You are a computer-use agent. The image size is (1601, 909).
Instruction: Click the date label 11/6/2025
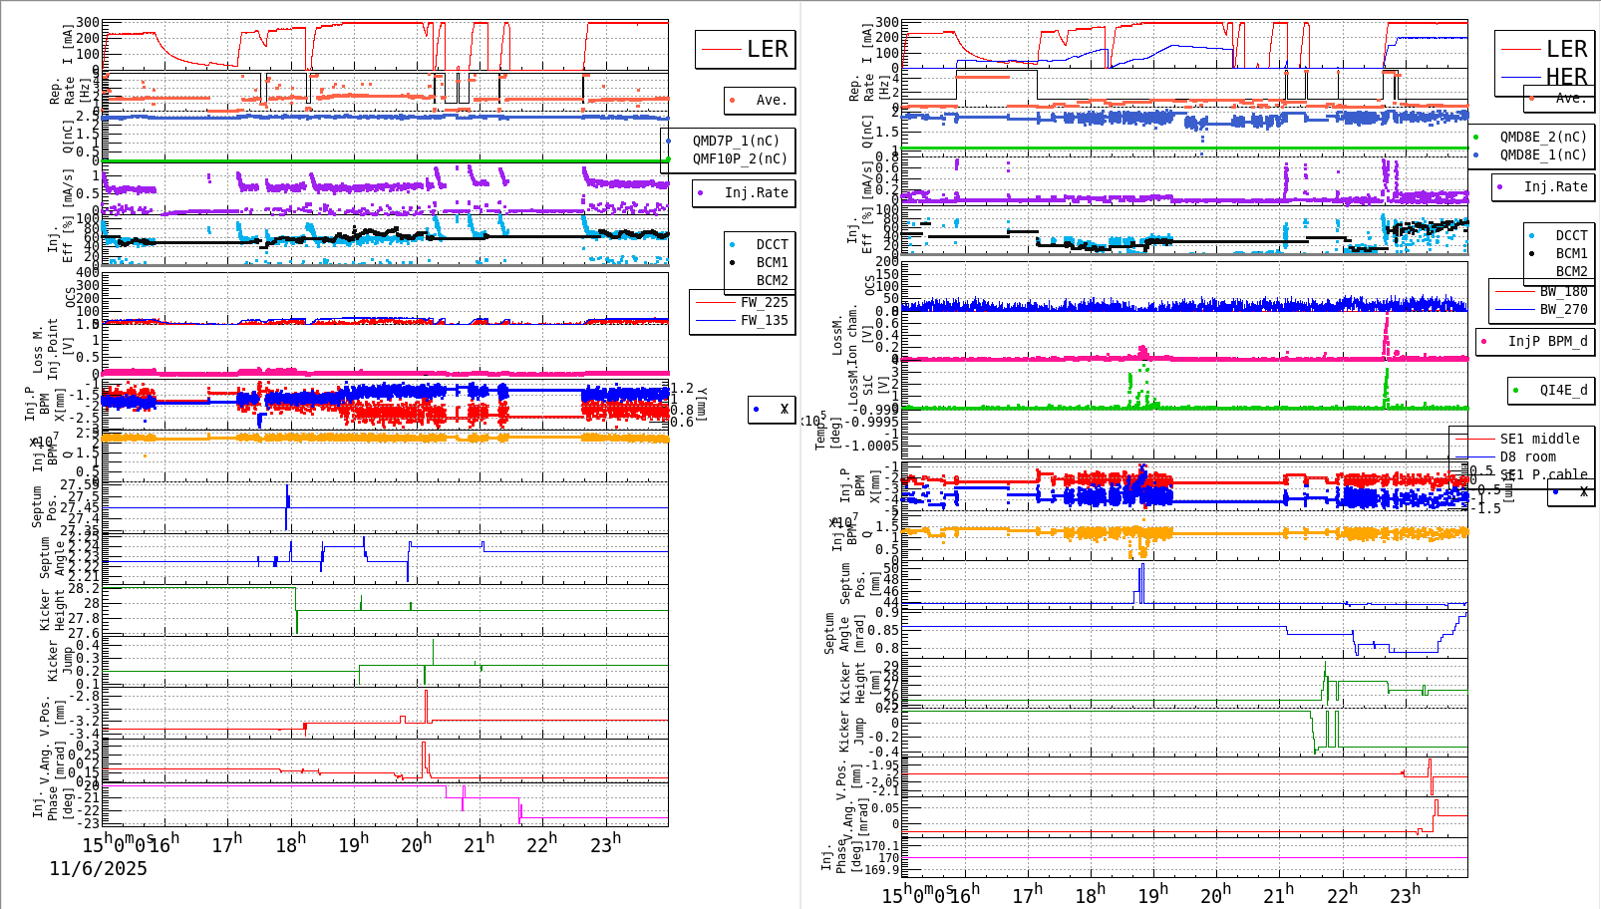98,869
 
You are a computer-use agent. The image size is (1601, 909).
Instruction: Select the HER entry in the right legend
1565,77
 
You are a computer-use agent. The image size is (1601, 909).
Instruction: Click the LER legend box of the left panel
745,49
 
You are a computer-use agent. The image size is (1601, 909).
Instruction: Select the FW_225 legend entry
763,302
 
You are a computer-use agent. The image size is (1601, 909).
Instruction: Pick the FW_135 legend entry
763,320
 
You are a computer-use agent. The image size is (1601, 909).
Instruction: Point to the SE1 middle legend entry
1538,439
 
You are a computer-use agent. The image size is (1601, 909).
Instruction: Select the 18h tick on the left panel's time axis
290,845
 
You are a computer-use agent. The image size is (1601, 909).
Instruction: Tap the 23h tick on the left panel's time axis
604,845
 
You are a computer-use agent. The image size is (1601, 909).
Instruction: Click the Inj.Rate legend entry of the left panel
755,192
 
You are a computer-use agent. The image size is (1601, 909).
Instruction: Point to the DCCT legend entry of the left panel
771,244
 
